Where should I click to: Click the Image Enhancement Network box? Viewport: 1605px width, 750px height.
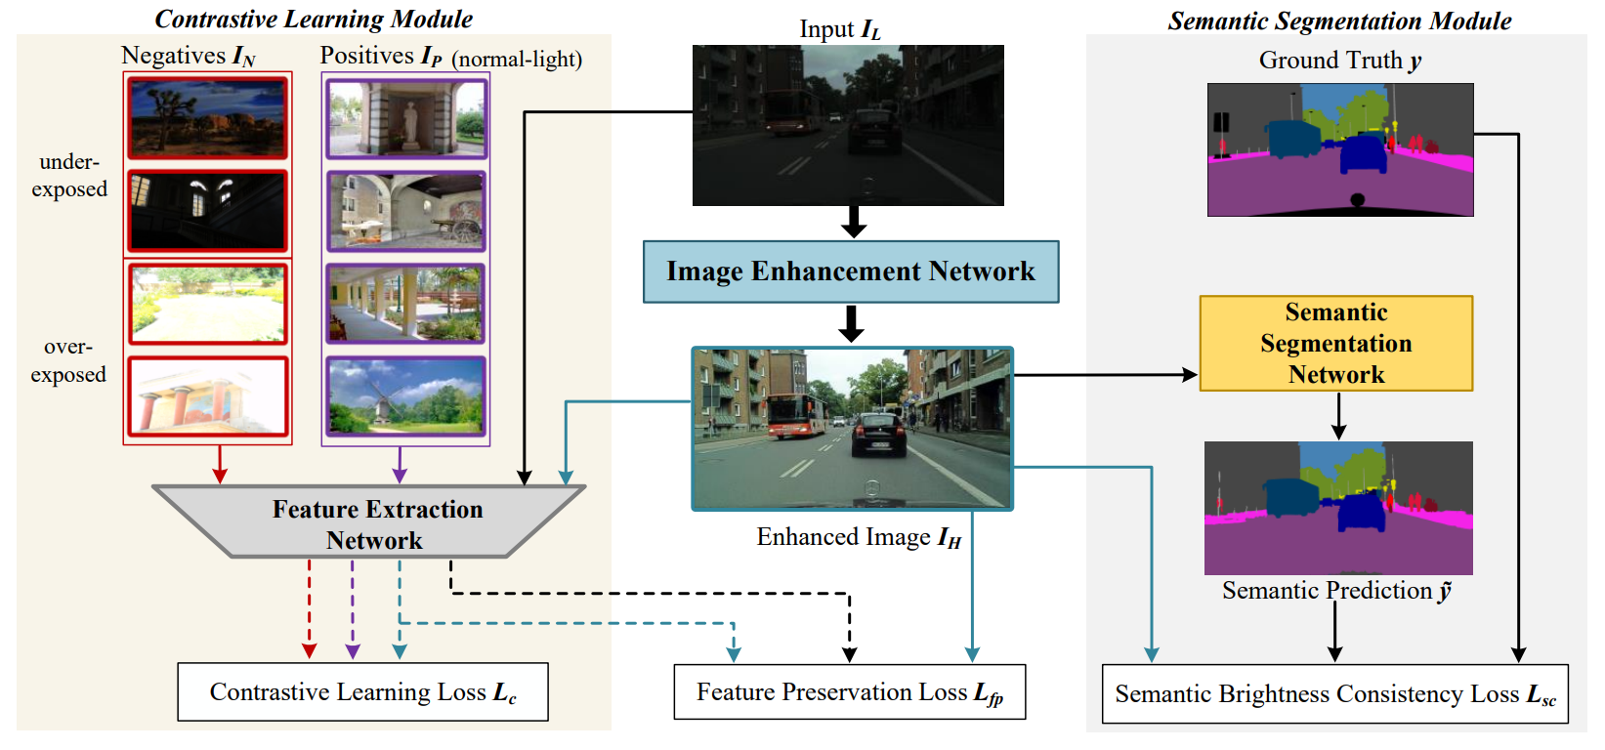pyautogui.click(x=850, y=271)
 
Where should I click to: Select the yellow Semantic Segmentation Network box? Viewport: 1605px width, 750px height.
pyautogui.click(x=1335, y=344)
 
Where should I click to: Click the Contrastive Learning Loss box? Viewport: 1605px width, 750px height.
pyautogui.click(x=362, y=692)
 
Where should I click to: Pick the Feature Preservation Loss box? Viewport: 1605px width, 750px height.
pyautogui.click(x=849, y=692)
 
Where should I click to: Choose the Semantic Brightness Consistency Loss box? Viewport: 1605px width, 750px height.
pyautogui.click(x=1334, y=694)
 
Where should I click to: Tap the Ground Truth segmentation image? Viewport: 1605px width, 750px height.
pyautogui.click(x=1340, y=149)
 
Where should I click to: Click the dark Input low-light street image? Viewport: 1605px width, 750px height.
pyautogui.click(x=848, y=125)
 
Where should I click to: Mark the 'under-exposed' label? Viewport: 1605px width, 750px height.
pyautogui.click(x=69, y=176)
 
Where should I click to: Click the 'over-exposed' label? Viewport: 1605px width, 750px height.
pyautogui.click(x=68, y=360)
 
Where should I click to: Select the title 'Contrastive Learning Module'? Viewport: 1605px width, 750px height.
pyautogui.click(x=314, y=20)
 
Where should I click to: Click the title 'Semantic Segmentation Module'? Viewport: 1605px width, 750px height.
pyautogui.click(x=1339, y=21)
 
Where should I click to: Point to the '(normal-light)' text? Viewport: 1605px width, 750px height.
pyautogui.click(x=517, y=60)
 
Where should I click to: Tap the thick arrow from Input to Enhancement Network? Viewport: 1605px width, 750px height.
pyautogui.click(x=854, y=222)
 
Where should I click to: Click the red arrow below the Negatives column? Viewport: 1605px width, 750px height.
pyautogui.click(x=220, y=464)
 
